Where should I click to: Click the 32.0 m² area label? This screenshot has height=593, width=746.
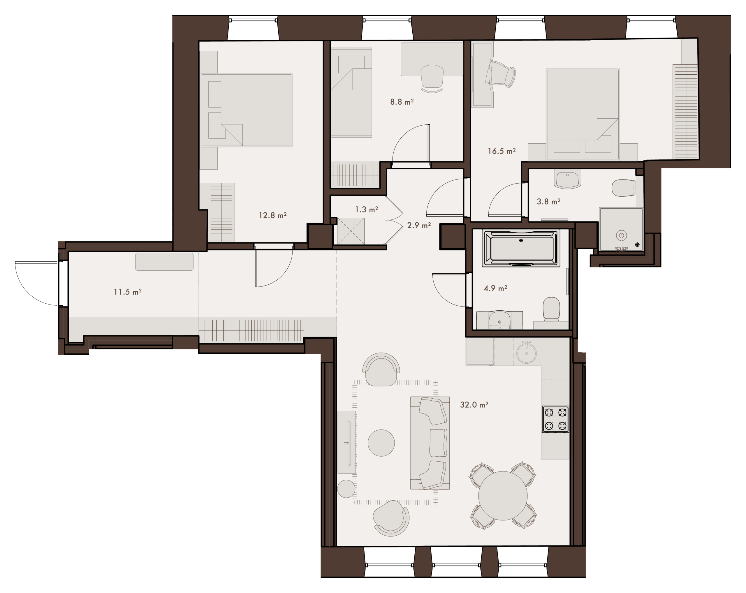click(x=474, y=404)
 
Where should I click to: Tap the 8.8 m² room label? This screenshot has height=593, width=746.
click(x=402, y=102)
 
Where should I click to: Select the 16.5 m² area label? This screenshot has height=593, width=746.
click(x=502, y=151)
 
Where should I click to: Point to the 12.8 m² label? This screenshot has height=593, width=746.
click(x=273, y=215)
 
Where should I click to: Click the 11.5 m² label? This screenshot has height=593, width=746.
click(x=128, y=292)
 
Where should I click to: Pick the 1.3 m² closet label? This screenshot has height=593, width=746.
click(x=366, y=209)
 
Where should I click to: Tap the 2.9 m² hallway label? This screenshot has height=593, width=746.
click(x=419, y=225)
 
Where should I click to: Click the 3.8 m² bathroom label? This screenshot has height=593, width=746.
click(x=548, y=201)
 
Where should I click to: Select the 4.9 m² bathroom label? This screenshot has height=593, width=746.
click(x=495, y=288)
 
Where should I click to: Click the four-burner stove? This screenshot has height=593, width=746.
click(x=555, y=419)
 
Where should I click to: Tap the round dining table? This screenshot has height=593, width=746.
click(x=503, y=496)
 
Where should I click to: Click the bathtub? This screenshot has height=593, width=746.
click(x=521, y=248)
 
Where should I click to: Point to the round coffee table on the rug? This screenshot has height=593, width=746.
click(x=381, y=443)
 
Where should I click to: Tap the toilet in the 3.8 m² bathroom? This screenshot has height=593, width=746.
click(x=624, y=188)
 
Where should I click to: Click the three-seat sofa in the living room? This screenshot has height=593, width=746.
click(x=430, y=443)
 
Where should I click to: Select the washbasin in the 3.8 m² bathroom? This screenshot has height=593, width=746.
click(x=567, y=179)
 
